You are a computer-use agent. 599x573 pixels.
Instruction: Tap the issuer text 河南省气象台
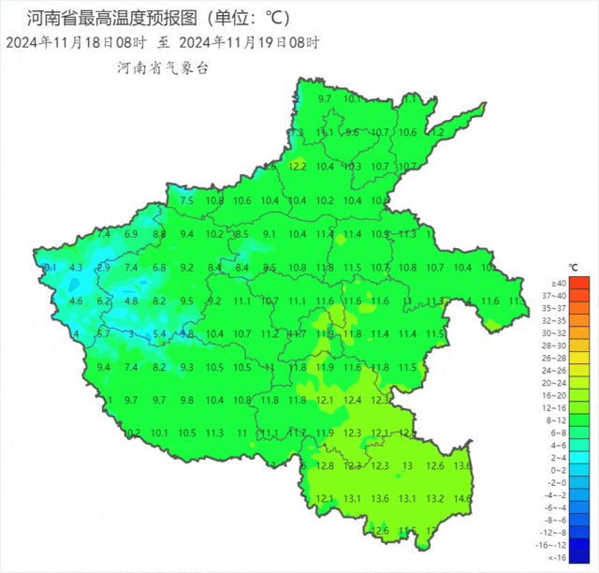[x=162, y=67]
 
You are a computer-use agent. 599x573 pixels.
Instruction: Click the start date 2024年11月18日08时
[x=76, y=42]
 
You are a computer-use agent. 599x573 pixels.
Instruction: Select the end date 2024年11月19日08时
[x=248, y=42]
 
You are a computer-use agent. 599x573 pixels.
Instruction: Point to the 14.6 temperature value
[x=461, y=498]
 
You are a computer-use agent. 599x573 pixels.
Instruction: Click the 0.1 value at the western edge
[x=51, y=268]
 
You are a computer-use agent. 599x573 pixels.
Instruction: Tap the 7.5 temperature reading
[x=186, y=200]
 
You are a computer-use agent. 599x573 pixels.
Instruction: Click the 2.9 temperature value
[x=104, y=268]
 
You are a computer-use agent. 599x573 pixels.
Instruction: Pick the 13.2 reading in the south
[x=434, y=498]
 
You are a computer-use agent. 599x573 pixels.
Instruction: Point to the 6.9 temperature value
[x=131, y=234]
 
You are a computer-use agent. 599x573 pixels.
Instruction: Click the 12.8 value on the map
[x=326, y=465]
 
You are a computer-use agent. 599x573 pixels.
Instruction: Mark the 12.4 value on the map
[x=353, y=400]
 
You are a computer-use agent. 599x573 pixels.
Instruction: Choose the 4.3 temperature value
[x=77, y=268]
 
